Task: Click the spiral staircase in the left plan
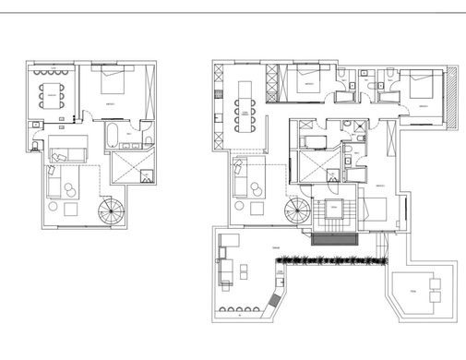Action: pos(112,213)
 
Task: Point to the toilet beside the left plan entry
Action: pos(36,146)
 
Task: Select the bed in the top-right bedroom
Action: pos(420,89)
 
